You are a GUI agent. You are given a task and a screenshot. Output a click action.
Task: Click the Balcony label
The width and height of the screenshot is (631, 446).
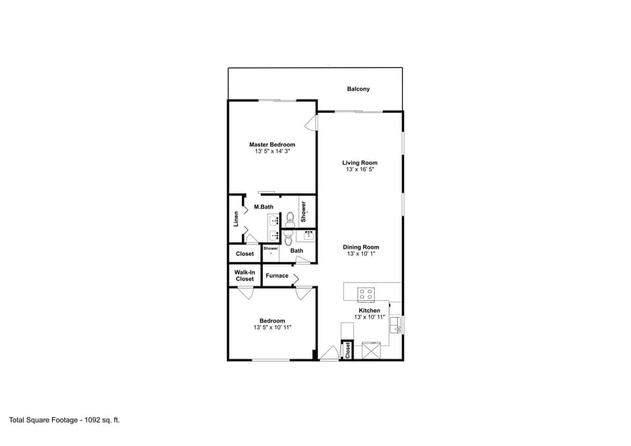(358, 89)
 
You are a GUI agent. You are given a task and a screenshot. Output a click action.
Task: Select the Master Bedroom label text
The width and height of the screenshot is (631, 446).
(272, 145)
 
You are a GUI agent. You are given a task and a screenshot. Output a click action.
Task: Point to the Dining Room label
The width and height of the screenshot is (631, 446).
(361, 248)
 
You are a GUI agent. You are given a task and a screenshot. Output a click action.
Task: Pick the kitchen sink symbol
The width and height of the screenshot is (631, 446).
(396, 324)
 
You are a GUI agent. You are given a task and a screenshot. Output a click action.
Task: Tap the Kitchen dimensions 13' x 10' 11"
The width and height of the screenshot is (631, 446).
(369, 317)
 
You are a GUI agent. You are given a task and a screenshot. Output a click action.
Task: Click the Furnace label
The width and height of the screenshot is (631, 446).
(277, 275)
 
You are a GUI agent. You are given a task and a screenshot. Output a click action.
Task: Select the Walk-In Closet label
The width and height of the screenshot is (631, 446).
(245, 275)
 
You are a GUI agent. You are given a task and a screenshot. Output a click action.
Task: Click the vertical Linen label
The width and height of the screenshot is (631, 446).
(236, 217)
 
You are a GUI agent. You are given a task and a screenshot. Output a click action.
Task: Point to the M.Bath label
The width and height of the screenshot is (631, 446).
(264, 207)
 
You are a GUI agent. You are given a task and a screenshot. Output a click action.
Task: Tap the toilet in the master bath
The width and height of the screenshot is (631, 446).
(290, 219)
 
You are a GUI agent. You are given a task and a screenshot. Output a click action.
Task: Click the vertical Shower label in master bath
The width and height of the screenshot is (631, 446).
(304, 210)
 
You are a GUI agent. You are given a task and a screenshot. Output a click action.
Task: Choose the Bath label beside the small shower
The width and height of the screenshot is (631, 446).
(297, 250)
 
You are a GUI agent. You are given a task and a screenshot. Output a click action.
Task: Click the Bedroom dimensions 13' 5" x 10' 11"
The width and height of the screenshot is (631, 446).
(272, 327)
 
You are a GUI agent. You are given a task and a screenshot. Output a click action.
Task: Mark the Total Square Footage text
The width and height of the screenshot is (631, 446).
(64, 419)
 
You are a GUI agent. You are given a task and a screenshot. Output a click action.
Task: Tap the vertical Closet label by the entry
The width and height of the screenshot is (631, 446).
(348, 350)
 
